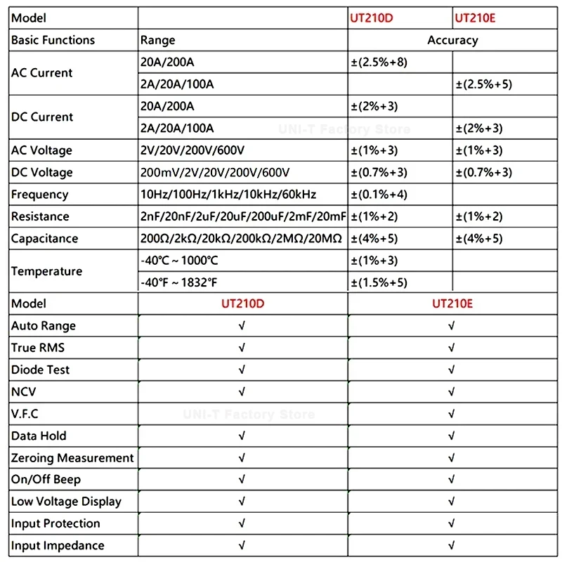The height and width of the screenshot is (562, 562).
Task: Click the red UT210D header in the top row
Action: tap(371, 18)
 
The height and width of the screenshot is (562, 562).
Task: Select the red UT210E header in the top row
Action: tap(476, 18)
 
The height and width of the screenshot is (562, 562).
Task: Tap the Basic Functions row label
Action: tap(53, 40)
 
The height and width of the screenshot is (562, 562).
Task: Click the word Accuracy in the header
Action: tap(452, 40)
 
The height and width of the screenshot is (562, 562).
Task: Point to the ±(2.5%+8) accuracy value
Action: tap(379, 63)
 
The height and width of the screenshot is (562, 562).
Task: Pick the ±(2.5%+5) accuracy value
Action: tap(485, 84)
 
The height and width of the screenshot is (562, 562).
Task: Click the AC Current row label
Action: tap(41, 73)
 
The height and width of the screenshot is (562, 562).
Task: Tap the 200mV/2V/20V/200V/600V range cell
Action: tap(216, 172)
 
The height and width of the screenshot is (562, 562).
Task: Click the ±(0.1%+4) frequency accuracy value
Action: tap(379, 195)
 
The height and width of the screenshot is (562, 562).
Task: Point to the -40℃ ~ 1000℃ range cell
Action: tap(180, 261)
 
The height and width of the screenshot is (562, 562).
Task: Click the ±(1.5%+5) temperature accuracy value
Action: tap(379, 282)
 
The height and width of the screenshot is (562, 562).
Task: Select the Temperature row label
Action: tap(46, 271)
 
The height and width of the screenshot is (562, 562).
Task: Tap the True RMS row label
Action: tap(38, 348)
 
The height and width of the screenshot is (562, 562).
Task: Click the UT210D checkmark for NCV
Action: tap(242, 392)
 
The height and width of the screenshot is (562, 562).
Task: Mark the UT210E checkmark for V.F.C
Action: tap(452, 414)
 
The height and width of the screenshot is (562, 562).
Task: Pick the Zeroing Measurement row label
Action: tap(72, 458)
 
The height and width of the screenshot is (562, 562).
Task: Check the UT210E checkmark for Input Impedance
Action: tap(452, 546)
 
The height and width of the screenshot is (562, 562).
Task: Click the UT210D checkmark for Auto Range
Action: tap(242, 326)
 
